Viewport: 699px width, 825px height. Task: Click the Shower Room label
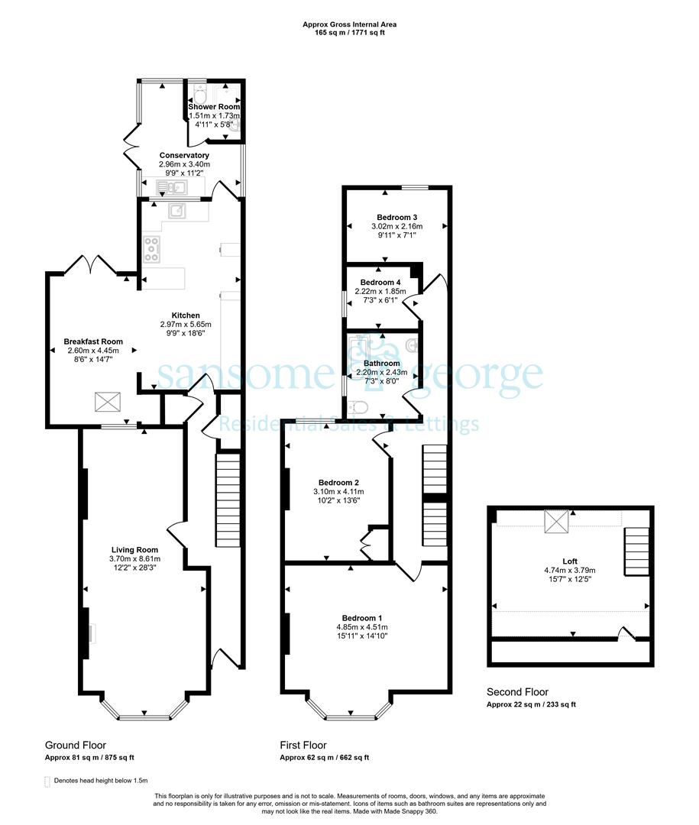[x=214, y=107]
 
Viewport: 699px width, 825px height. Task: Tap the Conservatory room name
[x=184, y=155]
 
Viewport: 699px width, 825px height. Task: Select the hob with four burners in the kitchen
[x=152, y=249]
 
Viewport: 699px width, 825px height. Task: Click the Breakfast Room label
[x=93, y=341]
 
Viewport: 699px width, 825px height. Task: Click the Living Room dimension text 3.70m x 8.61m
[x=134, y=558]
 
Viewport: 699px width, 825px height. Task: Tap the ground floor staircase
[x=228, y=500]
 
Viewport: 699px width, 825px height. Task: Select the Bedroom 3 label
[x=397, y=217]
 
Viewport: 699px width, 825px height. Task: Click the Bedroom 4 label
[x=380, y=283]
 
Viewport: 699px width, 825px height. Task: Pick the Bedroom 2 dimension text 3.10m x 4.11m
[x=338, y=491]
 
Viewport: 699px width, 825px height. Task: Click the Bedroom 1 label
[x=362, y=618]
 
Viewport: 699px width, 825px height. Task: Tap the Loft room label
[x=570, y=561]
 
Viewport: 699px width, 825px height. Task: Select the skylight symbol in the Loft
[x=554, y=522]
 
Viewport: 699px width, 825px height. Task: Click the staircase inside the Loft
[x=637, y=552]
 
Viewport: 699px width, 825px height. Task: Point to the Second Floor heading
[x=517, y=692]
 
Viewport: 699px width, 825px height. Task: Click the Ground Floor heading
[x=76, y=745]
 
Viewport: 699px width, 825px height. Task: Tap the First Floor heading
[x=303, y=745]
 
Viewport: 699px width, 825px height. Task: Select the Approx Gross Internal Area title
[x=350, y=24]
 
